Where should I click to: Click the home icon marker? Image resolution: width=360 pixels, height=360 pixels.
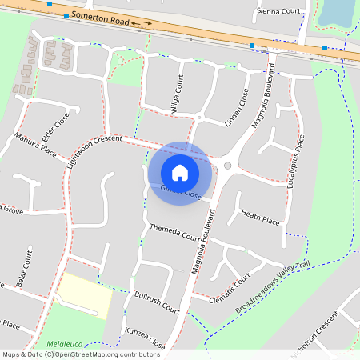180,173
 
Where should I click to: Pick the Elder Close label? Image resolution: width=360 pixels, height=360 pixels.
57,124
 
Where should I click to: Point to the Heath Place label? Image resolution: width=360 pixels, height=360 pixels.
260,217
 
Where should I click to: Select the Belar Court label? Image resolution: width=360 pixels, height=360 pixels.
23,273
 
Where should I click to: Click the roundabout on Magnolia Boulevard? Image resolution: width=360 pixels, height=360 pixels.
227,166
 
